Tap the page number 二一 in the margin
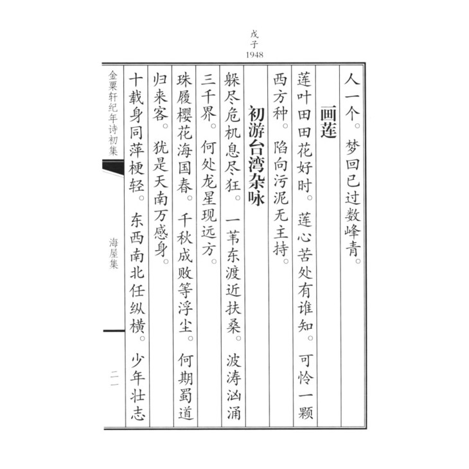pyautogui.click(x=114, y=374)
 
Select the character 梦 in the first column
pyautogui.click(x=351, y=145)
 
